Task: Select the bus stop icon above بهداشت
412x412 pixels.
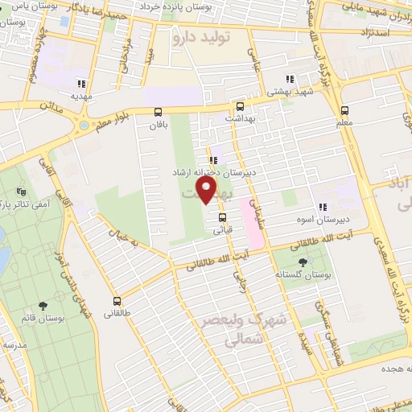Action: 240,105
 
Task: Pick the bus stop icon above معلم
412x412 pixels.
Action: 344,110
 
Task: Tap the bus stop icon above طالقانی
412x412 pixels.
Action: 117,301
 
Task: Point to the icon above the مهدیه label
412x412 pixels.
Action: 80,83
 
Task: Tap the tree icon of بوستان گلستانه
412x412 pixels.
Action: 303,262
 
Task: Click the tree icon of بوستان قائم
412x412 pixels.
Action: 42,306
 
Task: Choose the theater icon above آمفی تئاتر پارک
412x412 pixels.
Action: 21,192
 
